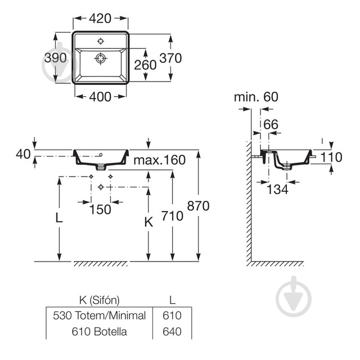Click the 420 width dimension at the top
click(100, 19)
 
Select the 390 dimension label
click(56, 57)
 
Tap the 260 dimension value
click(145, 65)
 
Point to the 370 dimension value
click(170, 58)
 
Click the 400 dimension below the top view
click(100, 97)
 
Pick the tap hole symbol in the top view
click(101, 41)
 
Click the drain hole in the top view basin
click(101, 58)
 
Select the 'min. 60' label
click(256, 97)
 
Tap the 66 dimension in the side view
click(271, 125)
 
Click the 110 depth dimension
click(331, 157)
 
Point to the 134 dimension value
click(277, 190)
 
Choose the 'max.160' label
click(160, 160)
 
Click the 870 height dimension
click(199, 206)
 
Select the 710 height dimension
click(173, 216)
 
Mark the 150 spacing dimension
click(100, 210)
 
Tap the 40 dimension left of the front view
click(23, 154)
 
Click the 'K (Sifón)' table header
click(100, 300)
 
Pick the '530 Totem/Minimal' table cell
click(100, 316)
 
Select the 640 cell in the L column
click(172, 331)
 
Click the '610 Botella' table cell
click(100, 331)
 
